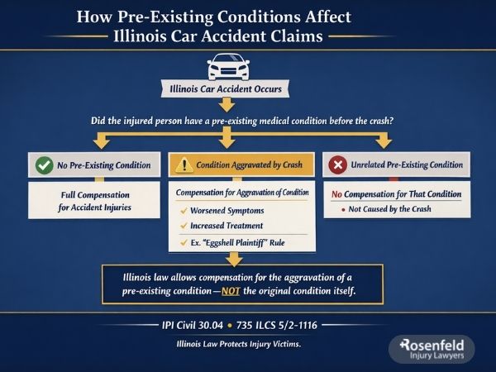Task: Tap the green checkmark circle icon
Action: point(45,165)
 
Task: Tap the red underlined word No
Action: point(337,194)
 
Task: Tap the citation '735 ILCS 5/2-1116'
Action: point(284,325)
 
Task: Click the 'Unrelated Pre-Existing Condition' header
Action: point(404,165)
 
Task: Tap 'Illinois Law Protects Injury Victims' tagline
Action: point(240,344)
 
